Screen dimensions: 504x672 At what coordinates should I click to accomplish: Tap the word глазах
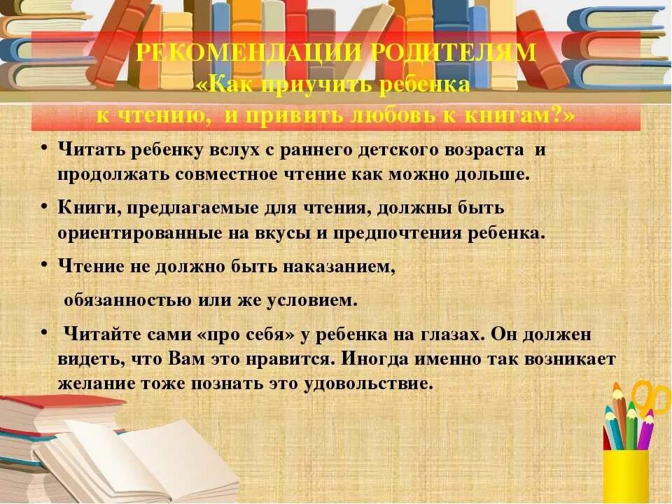click(x=447, y=335)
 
